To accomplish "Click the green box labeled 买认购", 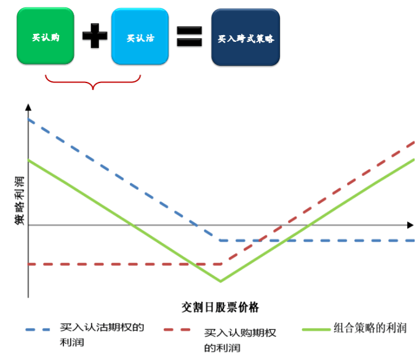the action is (x=46, y=36).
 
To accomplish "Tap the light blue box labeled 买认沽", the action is (x=140, y=36).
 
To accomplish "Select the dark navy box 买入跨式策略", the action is (x=245, y=37).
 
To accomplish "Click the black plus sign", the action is (x=95, y=36).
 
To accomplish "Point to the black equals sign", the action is (x=190, y=36).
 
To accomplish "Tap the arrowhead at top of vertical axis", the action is (x=28, y=107).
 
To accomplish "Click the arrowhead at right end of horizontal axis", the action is (x=410, y=225).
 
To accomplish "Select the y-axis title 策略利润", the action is (x=19, y=201).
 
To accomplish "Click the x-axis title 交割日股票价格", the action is (x=220, y=307).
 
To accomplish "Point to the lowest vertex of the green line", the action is (x=220, y=281).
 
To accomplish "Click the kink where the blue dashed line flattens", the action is (x=220, y=241).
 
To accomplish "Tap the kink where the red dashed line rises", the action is (x=221, y=264).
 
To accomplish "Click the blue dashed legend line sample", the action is (x=38, y=330).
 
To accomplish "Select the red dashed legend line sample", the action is (x=177, y=330).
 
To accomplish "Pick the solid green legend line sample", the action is (x=316, y=329).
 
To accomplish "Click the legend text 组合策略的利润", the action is (x=370, y=328).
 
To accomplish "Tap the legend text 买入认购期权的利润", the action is (x=240, y=340).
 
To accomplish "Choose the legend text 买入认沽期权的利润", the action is (x=102, y=335).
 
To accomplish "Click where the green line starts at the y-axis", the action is (x=28, y=160).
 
